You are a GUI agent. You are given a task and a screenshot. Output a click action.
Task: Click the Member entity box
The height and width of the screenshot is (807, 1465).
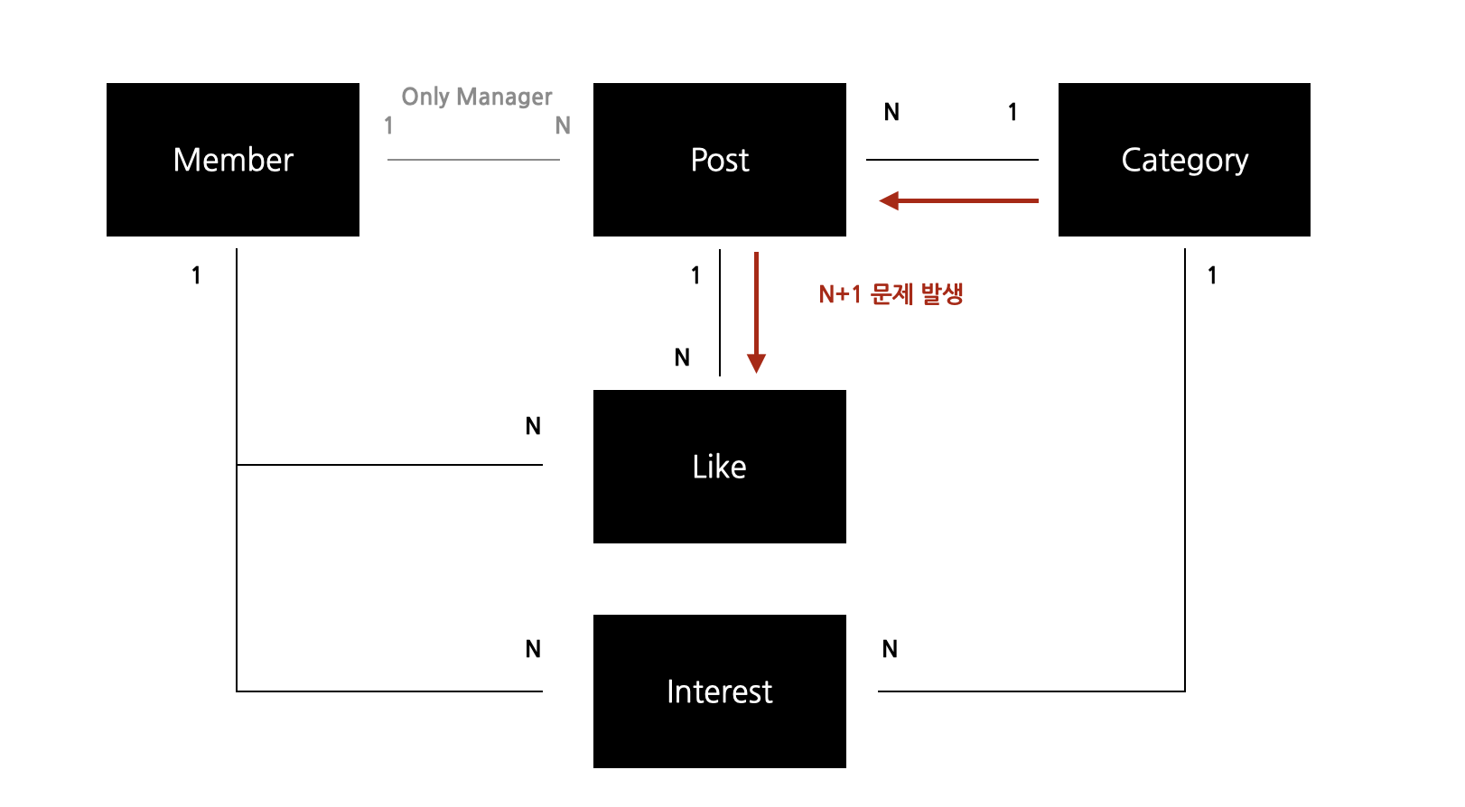tap(233, 160)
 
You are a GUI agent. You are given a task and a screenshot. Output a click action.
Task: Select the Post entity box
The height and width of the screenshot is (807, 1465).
tap(720, 160)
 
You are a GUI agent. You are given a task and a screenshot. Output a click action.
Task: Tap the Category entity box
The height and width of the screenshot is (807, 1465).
tap(1184, 160)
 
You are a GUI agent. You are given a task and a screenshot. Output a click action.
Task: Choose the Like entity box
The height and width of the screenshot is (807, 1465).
tap(720, 467)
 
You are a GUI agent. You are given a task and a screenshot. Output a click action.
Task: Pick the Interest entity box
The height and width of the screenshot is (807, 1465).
tap(720, 691)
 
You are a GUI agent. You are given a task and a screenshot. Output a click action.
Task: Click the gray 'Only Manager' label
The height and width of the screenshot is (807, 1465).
tap(477, 97)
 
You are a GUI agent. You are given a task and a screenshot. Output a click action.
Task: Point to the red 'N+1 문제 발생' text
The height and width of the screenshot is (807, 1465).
tap(891, 294)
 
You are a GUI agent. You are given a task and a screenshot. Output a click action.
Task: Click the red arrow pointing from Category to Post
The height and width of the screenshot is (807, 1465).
tap(959, 200)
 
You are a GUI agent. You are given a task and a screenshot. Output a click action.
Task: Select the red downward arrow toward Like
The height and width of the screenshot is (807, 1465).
tap(756, 311)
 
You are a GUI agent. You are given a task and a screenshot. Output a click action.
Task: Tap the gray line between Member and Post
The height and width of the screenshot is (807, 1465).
tap(473, 160)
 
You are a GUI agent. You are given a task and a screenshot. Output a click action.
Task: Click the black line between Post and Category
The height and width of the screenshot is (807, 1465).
tap(952, 160)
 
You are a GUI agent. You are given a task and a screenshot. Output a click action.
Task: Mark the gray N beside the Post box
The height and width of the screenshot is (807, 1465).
tap(563, 125)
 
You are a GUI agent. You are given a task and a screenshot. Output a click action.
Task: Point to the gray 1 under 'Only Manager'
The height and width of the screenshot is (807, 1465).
tap(388, 125)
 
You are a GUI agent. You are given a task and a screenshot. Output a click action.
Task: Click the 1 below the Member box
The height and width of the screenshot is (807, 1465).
tap(196, 275)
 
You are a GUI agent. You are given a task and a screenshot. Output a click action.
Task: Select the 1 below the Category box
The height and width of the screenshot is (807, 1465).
tap(1212, 275)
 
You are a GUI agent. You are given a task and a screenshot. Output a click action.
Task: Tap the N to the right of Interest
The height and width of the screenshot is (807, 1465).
tap(890, 649)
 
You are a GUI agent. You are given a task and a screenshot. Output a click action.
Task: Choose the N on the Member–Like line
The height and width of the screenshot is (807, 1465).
tap(533, 426)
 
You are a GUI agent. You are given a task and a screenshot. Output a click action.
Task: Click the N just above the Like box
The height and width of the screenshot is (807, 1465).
tap(682, 358)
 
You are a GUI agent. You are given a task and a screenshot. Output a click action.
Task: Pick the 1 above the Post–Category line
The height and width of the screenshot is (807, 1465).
tap(1012, 112)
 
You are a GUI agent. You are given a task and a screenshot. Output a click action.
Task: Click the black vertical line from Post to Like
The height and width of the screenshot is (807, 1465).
tap(720, 311)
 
